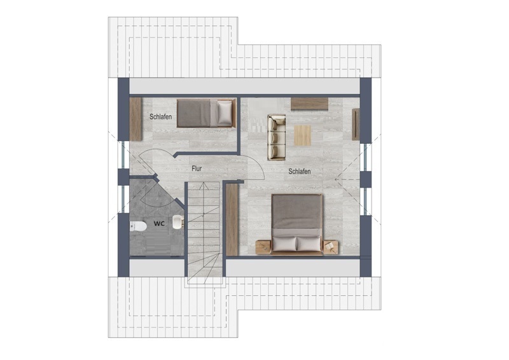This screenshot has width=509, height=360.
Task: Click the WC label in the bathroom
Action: click(x=159, y=224)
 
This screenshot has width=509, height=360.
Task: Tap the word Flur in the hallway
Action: click(x=197, y=169)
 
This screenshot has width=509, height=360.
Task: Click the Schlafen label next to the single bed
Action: click(x=161, y=116)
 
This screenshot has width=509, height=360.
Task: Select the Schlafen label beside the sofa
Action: click(x=300, y=171)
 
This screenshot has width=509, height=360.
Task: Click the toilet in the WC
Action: click(x=138, y=226)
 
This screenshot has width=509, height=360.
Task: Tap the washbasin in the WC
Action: click(x=178, y=222)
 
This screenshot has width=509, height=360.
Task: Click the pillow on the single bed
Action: click(x=225, y=113)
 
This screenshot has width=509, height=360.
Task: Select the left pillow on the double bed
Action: click(x=284, y=244)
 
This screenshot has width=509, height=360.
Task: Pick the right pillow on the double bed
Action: click(x=309, y=244)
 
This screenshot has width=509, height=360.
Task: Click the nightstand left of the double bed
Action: click(x=263, y=247)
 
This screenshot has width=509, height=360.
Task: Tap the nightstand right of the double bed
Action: click(x=330, y=247)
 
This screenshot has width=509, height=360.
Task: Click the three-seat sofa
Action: click(x=276, y=137)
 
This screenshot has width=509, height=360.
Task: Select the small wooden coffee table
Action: click(x=303, y=135)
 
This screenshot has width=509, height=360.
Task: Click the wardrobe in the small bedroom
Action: click(x=136, y=119)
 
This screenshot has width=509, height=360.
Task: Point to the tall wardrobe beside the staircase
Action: click(x=232, y=220)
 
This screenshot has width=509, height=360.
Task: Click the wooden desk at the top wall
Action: click(x=309, y=104)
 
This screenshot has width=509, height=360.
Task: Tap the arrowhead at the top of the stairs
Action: click(x=204, y=185)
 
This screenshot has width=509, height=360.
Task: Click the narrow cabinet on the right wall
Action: click(x=356, y=124)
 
